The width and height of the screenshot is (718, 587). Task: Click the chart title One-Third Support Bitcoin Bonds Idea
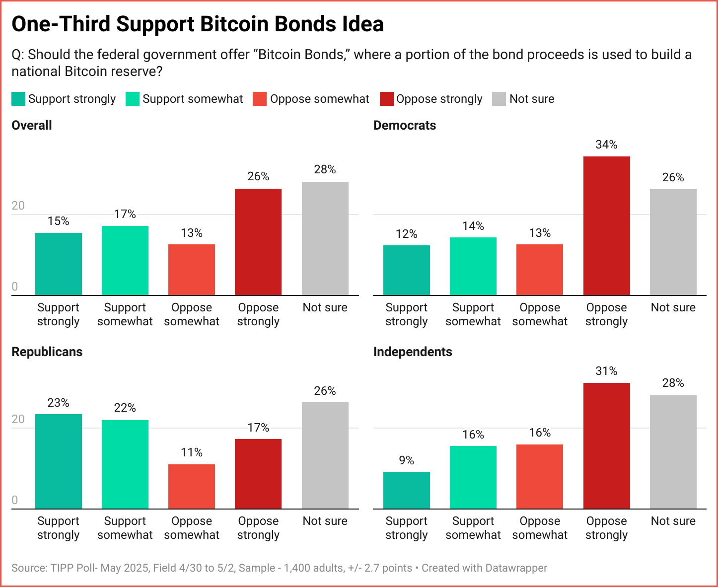click(198, 24)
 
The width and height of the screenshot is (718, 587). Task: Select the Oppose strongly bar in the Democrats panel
click(606, 226)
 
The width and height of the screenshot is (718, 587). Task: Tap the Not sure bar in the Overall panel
click(325, 238)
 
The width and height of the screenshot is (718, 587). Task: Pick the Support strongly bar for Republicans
click(59, 461)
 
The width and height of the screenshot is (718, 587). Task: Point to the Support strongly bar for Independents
click(406, 490)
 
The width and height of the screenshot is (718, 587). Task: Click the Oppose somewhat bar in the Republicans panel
click(192, 486)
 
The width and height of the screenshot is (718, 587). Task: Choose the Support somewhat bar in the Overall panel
click(125, 261)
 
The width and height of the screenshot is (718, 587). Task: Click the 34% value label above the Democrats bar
click(606, 145)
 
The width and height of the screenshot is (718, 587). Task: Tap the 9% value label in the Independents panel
click(406, 460)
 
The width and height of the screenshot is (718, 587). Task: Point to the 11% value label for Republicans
click(192, 452)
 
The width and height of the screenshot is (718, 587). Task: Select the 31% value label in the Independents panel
click(606, 371)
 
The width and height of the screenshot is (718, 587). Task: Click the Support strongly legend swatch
click(18, 99)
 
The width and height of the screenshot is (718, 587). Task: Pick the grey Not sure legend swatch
click(499, 99)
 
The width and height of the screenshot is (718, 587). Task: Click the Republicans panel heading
click(47, 352)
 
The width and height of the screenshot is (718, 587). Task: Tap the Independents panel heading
click(413, 352)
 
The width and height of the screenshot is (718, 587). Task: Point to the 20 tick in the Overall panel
click(18, 206)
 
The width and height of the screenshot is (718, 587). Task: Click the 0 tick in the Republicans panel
click(15, 500)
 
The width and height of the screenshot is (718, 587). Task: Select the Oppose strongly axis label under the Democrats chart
click(606, 314)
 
